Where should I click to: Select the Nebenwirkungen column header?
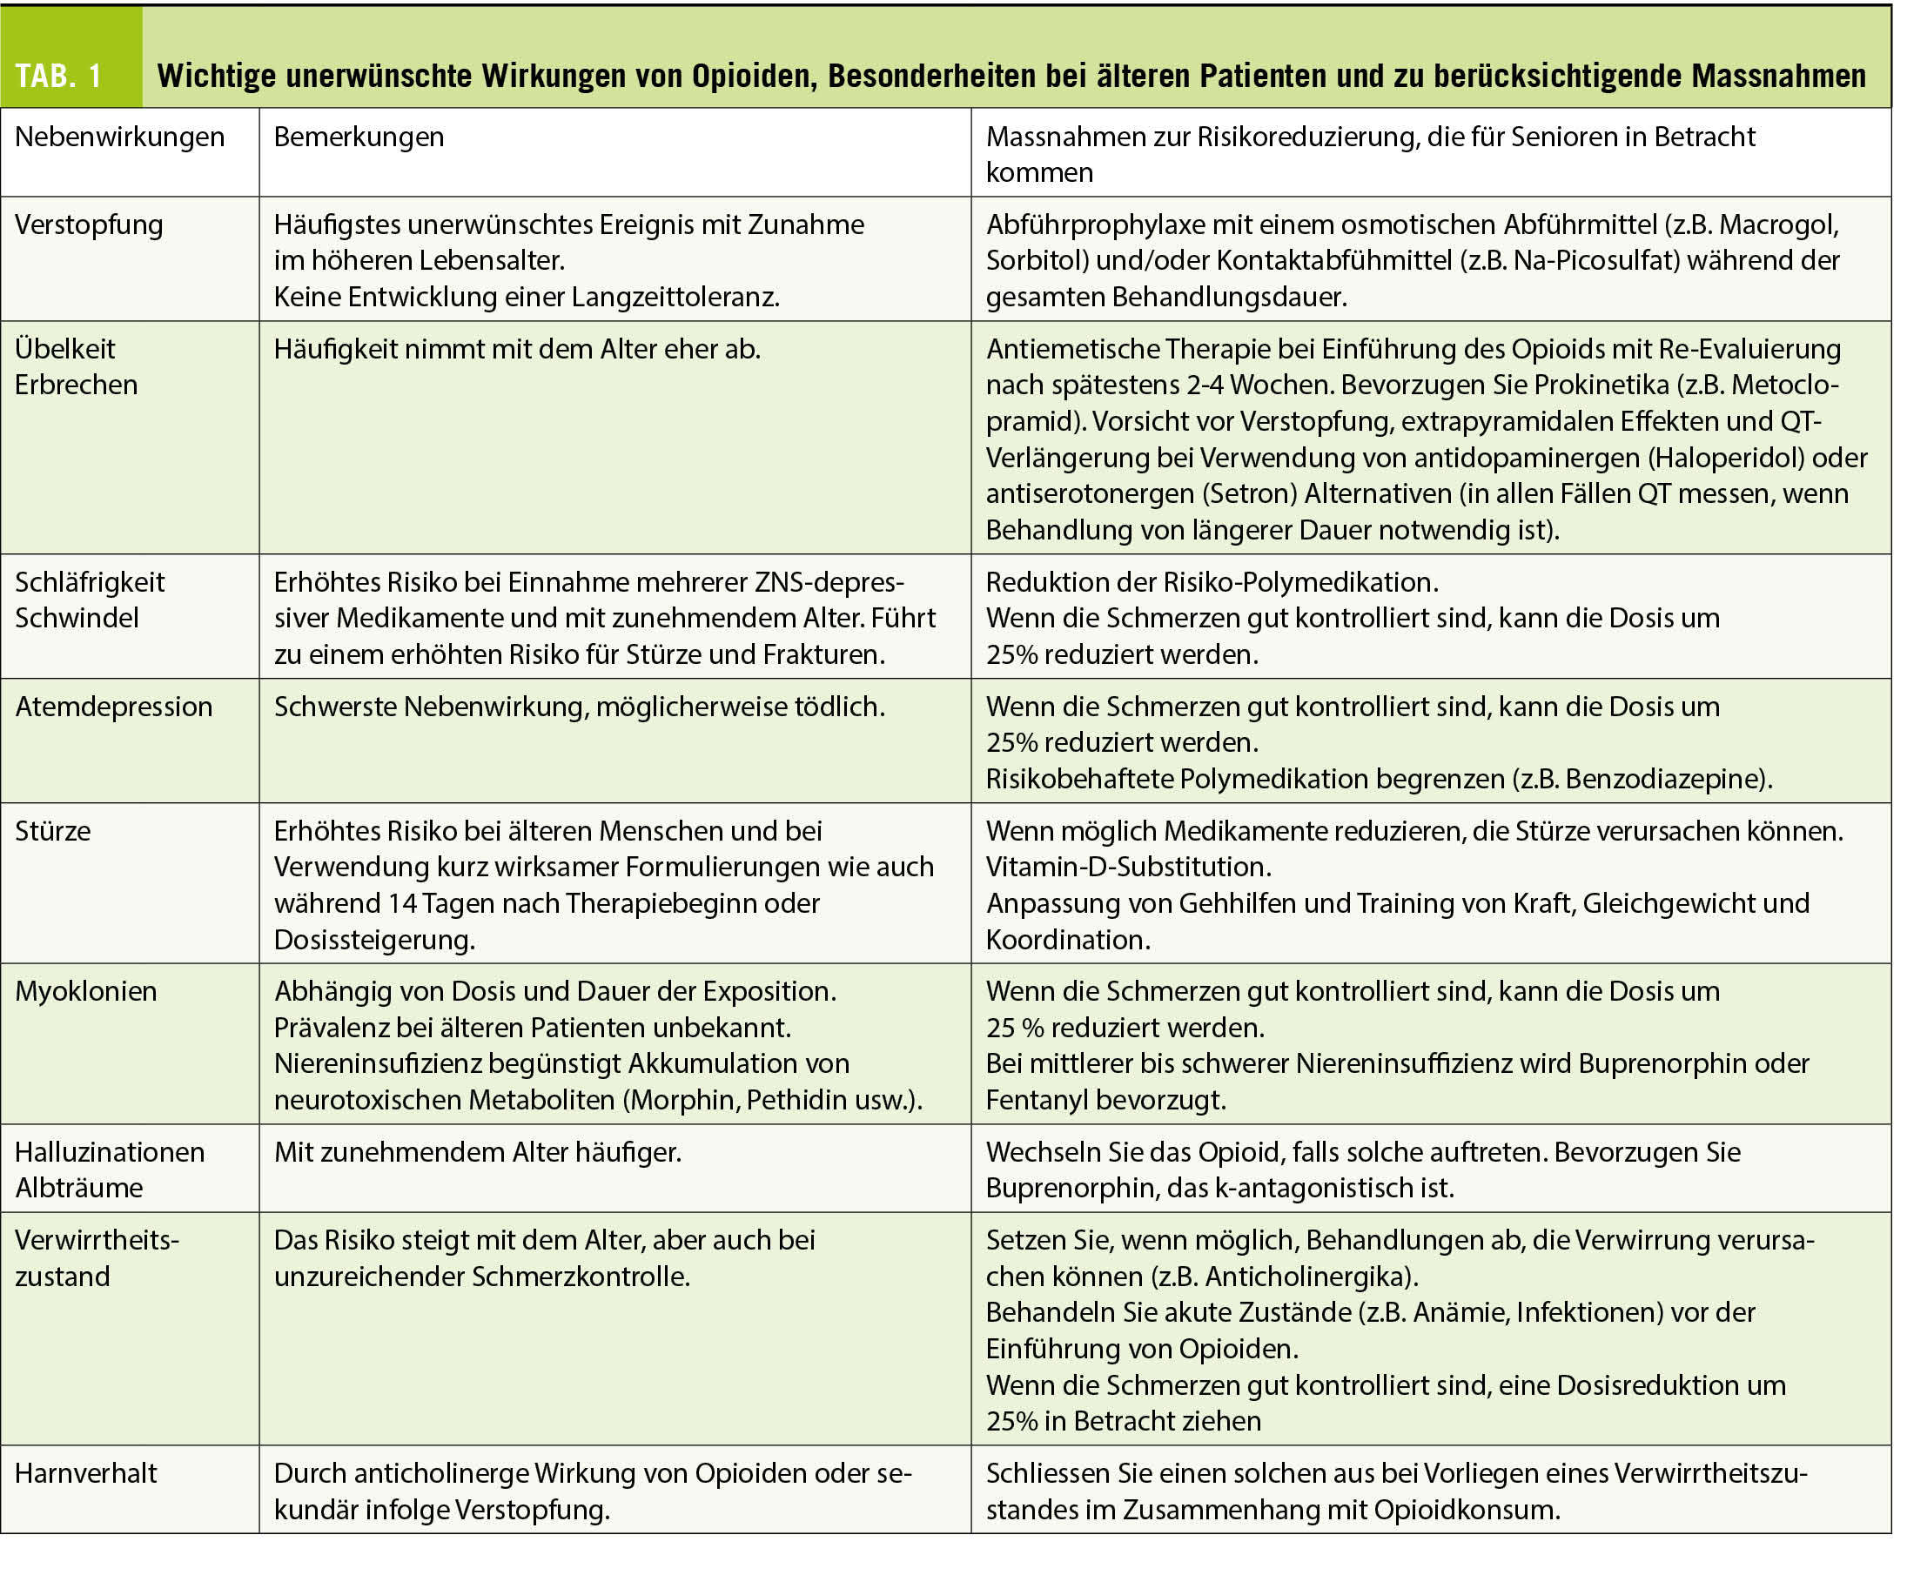[120, 137]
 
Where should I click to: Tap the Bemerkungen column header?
[359, 137]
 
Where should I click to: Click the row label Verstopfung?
[89, 225]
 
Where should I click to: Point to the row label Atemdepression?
[113, 707]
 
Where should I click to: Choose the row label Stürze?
[52, 831]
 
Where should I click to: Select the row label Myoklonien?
[86, 992]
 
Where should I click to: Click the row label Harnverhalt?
[86, 1473]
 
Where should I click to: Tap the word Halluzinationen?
[110, 1152]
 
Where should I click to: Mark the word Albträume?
[79, 1189]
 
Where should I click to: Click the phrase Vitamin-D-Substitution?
[1128, 868]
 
